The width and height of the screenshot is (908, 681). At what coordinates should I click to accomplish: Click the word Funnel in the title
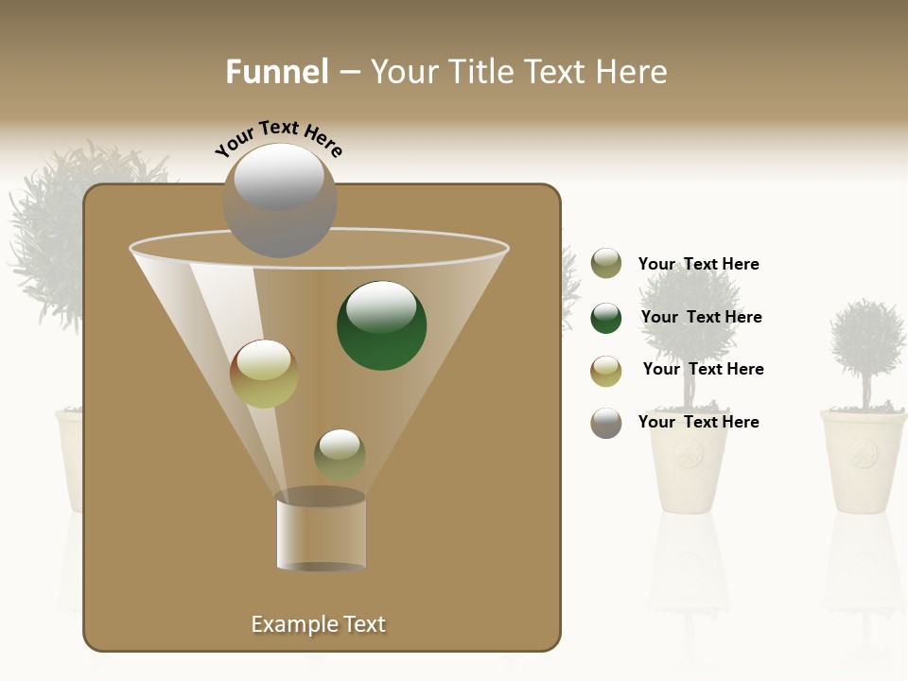[x=276, y=72]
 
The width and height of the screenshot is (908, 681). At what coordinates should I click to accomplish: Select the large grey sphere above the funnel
[x=280, y=200]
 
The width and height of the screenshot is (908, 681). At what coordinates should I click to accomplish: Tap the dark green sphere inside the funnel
[x=381, y=324]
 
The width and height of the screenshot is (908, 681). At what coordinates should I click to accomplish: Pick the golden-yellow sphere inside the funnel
[x=264, y=374]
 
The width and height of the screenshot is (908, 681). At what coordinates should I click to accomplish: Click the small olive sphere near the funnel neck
[x=340, y=454]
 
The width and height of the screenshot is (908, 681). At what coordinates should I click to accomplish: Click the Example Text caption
[x=318, y=624]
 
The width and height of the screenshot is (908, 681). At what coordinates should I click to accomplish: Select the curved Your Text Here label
[x=278, y=137]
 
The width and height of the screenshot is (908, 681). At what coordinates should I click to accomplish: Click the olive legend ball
[x=606, y=264]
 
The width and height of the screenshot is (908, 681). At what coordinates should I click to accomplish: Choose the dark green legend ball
[x=606, y=318]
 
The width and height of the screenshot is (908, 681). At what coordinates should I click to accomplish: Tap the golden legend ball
[x=606, y=371]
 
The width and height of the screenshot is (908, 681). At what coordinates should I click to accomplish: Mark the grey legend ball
[x=606, y=423]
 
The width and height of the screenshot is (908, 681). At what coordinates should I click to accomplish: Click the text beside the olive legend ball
[x=698, y=264]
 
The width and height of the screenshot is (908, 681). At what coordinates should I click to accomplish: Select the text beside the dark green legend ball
[x=701, y=317]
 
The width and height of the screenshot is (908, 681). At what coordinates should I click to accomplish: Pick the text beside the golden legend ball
[x=703, y=369]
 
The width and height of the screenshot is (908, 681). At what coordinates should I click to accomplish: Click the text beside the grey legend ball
[x=698, y=422]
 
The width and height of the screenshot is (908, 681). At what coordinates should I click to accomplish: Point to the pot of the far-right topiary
[x=863, y=461]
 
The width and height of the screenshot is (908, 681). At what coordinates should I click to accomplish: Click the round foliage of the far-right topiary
[x=866, y=338]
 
